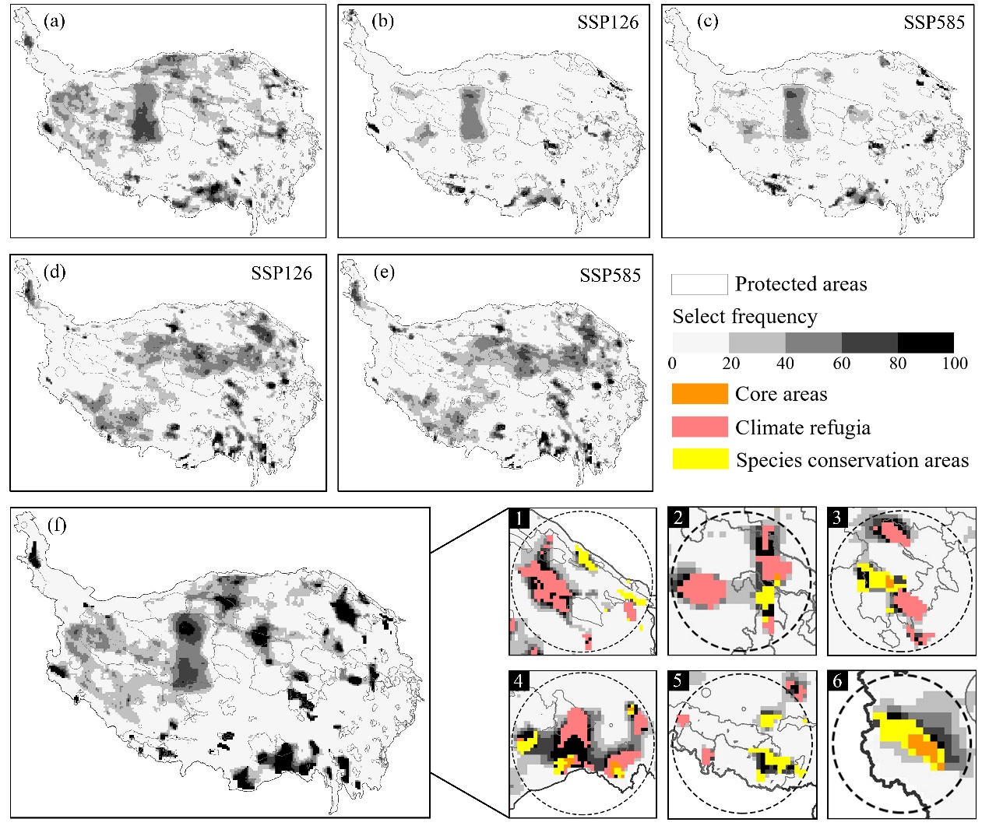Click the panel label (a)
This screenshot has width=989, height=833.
55,21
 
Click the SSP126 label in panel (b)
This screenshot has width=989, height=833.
607,23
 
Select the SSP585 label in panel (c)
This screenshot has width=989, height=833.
934,23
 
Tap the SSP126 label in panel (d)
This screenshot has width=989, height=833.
281,273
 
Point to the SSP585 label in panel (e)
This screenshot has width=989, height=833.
610,276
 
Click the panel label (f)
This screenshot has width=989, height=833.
57,525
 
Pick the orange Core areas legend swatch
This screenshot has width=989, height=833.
699,394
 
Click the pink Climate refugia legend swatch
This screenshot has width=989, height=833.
699,427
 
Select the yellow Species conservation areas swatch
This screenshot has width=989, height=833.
699,459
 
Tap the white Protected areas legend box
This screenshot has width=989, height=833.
699,284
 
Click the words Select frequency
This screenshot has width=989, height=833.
744,317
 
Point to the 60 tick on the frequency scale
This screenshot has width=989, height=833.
842,364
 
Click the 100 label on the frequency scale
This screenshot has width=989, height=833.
955,364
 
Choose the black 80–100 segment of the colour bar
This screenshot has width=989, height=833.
925,343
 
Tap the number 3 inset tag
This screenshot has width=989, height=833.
838,518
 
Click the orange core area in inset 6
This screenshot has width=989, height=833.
924,749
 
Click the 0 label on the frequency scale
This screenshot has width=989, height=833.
672,364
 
